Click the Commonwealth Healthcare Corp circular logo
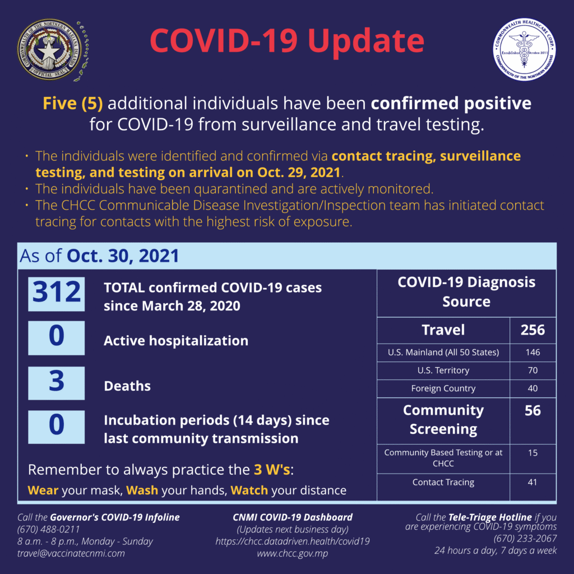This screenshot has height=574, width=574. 524,49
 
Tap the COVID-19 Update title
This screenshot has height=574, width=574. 286,40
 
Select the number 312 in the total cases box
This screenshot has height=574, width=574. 57,294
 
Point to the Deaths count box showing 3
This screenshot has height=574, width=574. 57,383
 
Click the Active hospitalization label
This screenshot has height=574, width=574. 175,341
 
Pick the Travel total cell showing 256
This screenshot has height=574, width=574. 532,330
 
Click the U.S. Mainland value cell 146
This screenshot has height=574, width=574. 532,353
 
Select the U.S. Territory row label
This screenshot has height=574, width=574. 443,371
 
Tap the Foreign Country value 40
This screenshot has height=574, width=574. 532,388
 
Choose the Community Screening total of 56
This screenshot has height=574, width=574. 532,411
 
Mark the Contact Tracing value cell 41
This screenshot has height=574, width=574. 532,482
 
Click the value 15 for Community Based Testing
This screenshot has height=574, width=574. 532,453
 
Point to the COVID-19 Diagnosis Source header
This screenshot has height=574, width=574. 466,292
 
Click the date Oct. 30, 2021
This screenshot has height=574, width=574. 123,256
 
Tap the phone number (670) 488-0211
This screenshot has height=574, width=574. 49,529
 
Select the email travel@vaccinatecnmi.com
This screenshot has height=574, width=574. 71,553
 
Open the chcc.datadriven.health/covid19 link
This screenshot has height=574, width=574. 292,541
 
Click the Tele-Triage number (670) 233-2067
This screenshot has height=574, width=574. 525,539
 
